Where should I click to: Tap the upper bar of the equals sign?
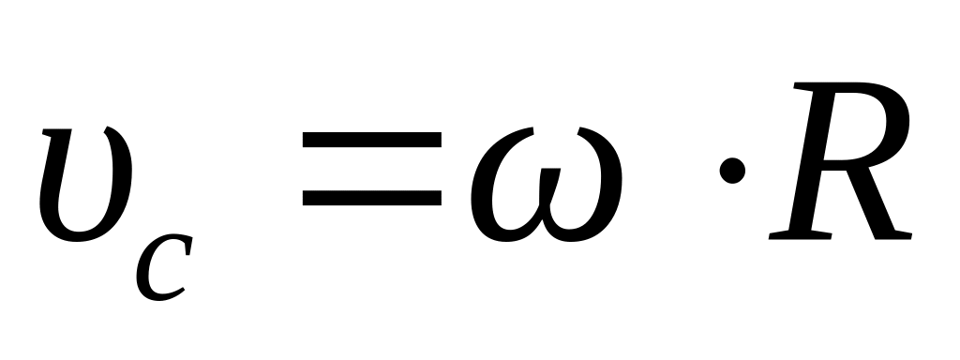[371, 140]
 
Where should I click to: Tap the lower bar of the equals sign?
[371, 198]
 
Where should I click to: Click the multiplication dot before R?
[732, 171]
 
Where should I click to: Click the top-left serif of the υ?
[56, 132]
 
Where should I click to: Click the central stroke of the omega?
[547, 189]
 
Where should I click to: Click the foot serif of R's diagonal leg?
[893, 235]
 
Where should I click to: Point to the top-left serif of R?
[802, 86]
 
